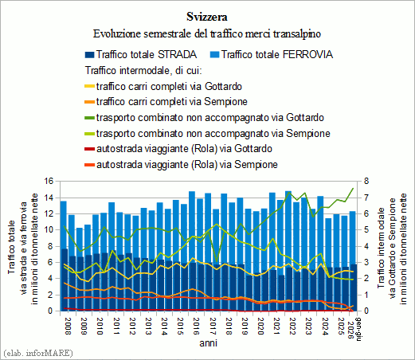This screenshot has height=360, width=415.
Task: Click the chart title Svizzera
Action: coord(207,17)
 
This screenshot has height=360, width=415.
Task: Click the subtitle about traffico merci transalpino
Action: coord(207,33)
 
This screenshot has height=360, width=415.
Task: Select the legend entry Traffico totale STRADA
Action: coord(141,54)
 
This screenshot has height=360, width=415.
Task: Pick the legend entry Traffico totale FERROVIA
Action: coord(272,54)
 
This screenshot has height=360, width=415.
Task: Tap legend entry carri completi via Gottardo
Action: coord(163,87)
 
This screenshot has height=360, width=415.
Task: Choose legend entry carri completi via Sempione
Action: coord(166,102)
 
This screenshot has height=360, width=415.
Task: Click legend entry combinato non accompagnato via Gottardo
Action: coord(204,118)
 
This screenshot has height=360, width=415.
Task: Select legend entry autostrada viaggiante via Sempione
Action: coord(181,165)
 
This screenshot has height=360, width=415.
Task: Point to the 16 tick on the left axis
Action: coord(49,182)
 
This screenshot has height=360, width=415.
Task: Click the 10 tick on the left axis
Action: coord(49,230)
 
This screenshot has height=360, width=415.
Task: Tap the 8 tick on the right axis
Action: coord(366,182)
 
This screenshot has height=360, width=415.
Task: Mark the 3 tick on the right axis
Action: coord(366,262)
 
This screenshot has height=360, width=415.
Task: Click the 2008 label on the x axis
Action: coord(68,327)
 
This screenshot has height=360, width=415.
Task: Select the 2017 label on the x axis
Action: coord(213,327)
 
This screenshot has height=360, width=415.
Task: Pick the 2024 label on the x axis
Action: coord(325,327)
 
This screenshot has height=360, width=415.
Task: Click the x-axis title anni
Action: coord(209,343)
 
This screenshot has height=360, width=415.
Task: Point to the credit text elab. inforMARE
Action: coord(37,353)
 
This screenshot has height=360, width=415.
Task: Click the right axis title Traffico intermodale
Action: coord(382,248)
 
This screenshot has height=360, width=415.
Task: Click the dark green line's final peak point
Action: coord(353,188)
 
